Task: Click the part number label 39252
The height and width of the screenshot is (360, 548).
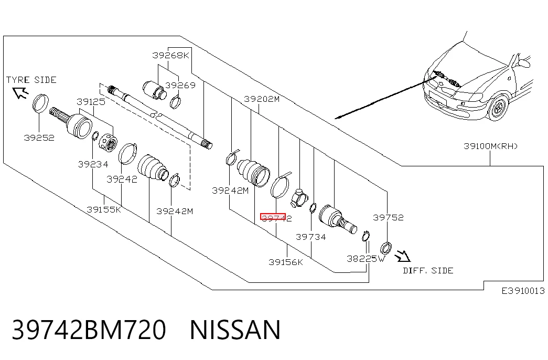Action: pyautogui.click(x=39, y=137)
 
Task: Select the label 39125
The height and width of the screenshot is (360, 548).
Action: pyautogui.click(x=91, y=102)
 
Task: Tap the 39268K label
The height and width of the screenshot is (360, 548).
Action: pyautogui.click(x=170, y=55)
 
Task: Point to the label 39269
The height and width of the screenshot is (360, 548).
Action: pyautogui.click(x=180, y=85)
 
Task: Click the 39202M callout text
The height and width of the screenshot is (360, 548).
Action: pyautogui.click(x=262, y=99)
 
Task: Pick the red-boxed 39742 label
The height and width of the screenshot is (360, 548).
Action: pyautogui.click(x=276, y=218)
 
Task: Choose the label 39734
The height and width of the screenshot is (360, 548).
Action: pyautogui.click(x=310, y=237)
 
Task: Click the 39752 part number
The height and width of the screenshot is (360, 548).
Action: pyautogui.click(x=388, y=218)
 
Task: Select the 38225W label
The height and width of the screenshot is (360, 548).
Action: pyautogui.click(x=366, y=259)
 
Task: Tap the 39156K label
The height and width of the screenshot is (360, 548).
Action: pyautogui.click(x=286, y=262)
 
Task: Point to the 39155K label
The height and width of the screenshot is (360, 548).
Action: pyautogui.click(x=104, y=209)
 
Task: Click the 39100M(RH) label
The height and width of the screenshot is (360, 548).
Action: pyautogui.click(x=490, y=146)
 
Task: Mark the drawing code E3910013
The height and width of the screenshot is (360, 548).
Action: pyautogui.click(x=523, y=291)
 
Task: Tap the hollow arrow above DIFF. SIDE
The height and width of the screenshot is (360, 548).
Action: pyautogui.click(x=403, y=256)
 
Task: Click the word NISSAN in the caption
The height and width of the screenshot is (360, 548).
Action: pyautogui.click(x=235, y=330)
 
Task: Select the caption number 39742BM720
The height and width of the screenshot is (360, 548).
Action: pyautogui.click(x=89, y=330)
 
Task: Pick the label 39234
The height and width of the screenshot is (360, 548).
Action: pyautogui.click(x=93, y=164)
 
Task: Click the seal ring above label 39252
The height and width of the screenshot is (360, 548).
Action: pyautogui.click(x=40, y=103)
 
